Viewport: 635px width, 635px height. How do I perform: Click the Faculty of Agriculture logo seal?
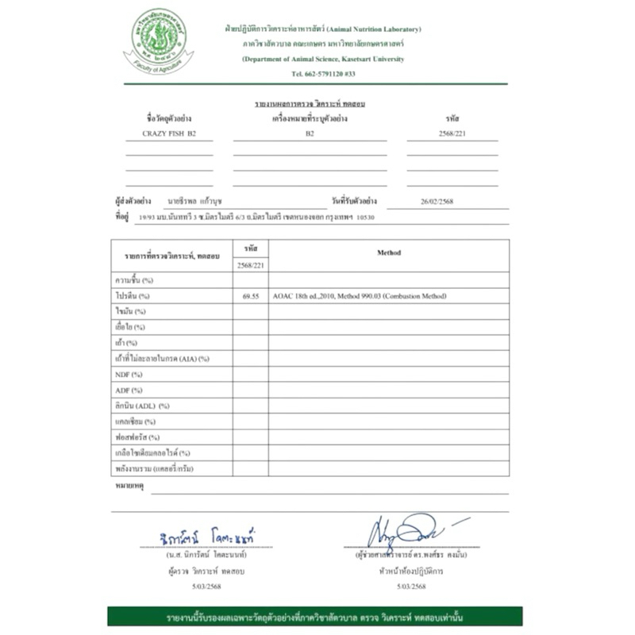pyautogui.click(x=159, y=41)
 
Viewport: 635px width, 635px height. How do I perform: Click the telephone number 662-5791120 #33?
pyautogui.click(x=323, y=73)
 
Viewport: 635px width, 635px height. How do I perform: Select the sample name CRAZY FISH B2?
pyautogui.click(x=168, y=133)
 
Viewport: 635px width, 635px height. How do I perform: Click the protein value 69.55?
pyautogui.click(x=250, y=296)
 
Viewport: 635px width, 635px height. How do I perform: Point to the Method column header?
pyautogui.click(x=389, y=253)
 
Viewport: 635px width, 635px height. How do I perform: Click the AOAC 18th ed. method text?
pyautogui.click(x=359, y=296)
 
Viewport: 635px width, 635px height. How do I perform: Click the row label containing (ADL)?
pyautogui.click(x=142, y=406)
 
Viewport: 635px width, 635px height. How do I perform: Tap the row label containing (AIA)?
pyautogui.click(x=162, y=359)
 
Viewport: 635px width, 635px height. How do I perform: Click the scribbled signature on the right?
pyautogui.click(x=405, y=530)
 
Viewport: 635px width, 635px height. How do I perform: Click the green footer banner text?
pyautogui.click(x=315, y=617)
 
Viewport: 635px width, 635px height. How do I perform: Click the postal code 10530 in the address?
pyautogui.click(x=366, y=217)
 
